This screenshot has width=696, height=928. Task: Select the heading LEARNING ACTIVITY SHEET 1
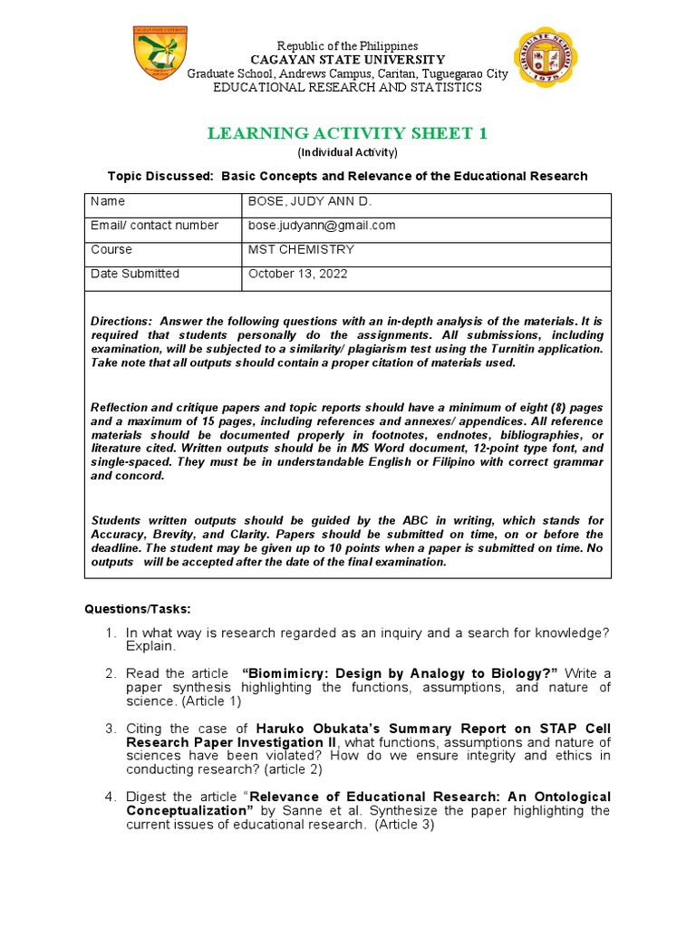[348, 134]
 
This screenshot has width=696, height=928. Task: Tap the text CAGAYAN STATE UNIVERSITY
[347, 60]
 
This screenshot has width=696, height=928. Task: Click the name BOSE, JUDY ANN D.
[297, 201]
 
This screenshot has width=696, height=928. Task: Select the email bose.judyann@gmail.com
[322, 226]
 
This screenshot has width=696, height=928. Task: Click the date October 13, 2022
[297, 274]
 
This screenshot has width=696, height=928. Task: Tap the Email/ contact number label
[155, 226]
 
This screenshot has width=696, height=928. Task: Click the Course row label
[111, 249]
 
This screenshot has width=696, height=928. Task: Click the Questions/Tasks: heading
[138, 608]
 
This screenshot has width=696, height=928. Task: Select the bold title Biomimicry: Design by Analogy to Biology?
[401, 673]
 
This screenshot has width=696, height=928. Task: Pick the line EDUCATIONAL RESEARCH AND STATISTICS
[347, 87]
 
